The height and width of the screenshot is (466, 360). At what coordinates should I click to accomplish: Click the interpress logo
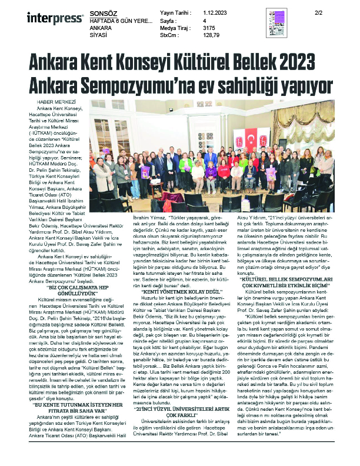pyautogui.click(x=47, y=18)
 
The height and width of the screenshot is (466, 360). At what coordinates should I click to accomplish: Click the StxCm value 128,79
pyautogui.click(x=211, y=35)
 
